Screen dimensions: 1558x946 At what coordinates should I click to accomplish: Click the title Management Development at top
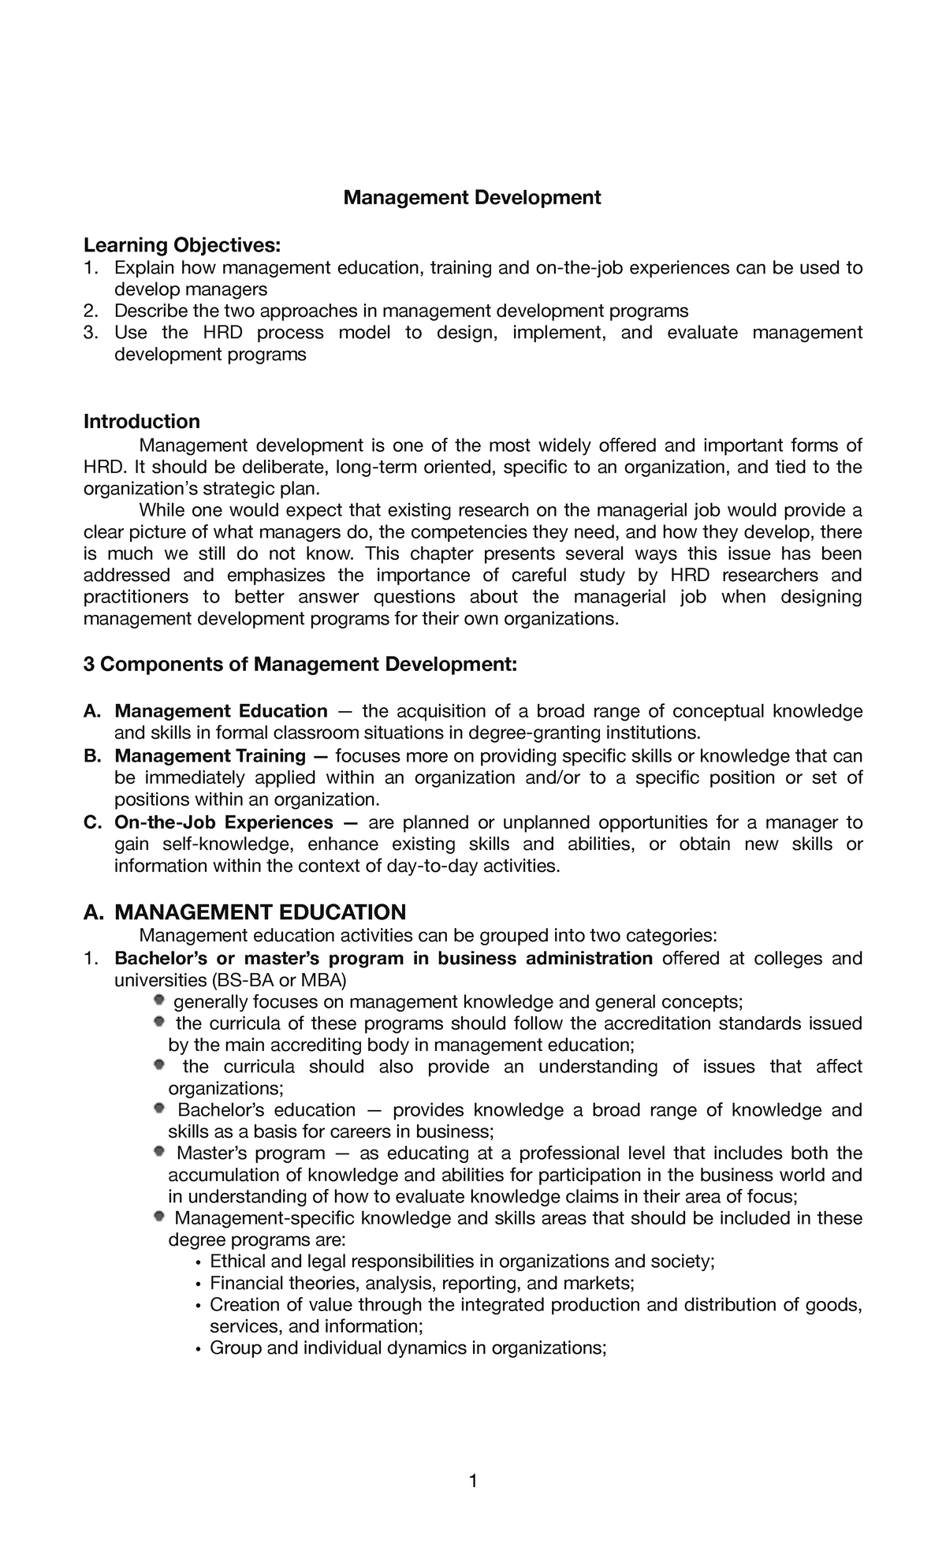point(471,197)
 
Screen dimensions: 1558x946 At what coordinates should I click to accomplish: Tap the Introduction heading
point(142,421)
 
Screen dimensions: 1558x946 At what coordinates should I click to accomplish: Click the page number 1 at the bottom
point(473,1482)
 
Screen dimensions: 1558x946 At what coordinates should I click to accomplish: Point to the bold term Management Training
point(210,756)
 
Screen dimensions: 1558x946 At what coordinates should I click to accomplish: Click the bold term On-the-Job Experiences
point(224,822)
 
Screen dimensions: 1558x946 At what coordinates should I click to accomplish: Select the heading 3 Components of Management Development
point(300,665)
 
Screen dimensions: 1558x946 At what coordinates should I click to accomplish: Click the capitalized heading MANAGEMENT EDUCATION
point(260,912)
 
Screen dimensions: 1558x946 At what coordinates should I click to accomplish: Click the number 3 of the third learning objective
point(88,333)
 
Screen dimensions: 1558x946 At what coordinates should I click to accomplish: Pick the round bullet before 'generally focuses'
point(159,1001)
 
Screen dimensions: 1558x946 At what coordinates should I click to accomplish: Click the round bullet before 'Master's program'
point(159,1152)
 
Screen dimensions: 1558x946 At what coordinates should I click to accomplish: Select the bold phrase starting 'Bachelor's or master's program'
point(383,959)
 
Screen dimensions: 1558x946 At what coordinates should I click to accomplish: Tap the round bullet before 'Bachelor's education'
point(159,1109)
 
